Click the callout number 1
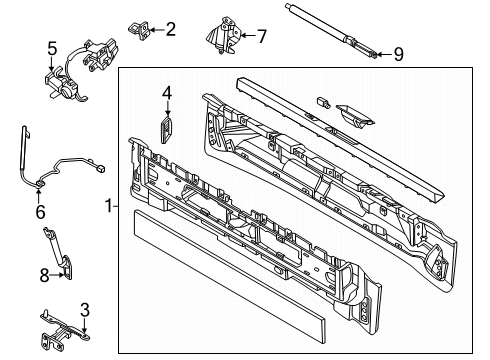click(x=109, y=206)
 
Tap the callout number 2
click(x=170, y=29)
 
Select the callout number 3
click(x=85, y=310)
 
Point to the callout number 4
click(x=167, y=93)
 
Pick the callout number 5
click(x=52, y=49)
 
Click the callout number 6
click(x=40, y=212)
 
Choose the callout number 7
click(x=262, y=36)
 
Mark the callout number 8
click(x=44, y=275)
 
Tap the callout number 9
click(x=398, y=54)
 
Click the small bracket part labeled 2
click(x=140, y=30)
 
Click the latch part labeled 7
click(x=223, y=35)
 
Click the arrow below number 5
click(x=52, y=64)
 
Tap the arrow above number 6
click(x=39, y=196)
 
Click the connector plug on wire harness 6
click(x=100, y=169)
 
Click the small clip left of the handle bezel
click(x=323, y=102)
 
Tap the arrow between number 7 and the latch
click(x=248, y=35)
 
